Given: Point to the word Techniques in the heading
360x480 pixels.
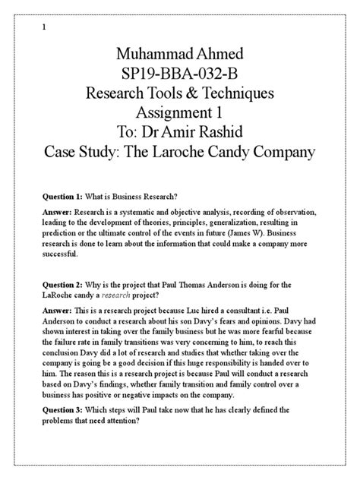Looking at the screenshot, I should (x=237, y=93).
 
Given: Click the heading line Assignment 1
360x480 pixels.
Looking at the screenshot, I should (x=179, y=113).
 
